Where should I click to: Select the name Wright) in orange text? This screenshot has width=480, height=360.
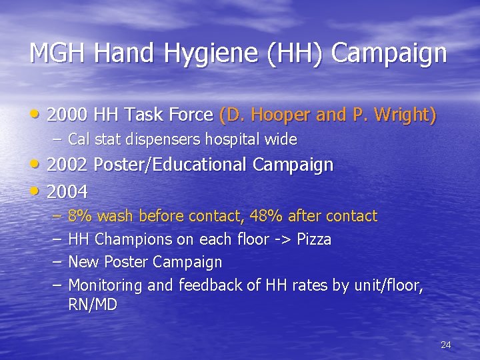point(401,115)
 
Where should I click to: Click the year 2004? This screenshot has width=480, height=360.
point(68,192)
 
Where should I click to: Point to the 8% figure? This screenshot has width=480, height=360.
point(80,216)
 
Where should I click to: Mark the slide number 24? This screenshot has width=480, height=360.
point(446,345)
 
